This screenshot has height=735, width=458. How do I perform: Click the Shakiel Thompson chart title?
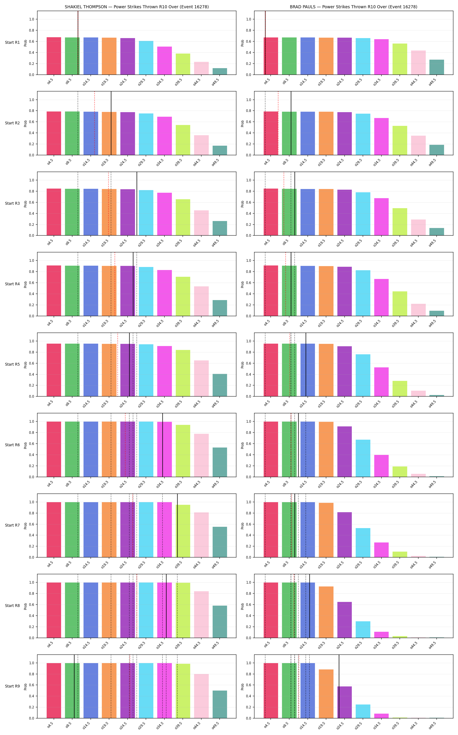pos(137,7)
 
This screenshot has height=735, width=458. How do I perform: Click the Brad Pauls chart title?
pos(354,7)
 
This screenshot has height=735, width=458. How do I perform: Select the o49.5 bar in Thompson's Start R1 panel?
pos(220,71)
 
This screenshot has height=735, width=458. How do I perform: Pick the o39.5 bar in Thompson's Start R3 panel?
pos(183,217)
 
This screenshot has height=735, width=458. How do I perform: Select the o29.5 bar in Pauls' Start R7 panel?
pos(363,543)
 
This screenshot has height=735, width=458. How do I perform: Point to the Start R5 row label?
pos(12,365)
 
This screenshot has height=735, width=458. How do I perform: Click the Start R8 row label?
pos(12,606)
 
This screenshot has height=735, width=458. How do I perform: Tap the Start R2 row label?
pos(12,123)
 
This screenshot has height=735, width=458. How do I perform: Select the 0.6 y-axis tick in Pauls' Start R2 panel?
pos(248,122)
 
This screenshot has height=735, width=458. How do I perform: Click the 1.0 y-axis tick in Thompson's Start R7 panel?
pos(31,502)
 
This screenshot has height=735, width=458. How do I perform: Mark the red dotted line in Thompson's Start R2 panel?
pos(94,123)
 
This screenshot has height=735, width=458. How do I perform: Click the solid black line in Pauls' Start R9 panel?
pos(339,686)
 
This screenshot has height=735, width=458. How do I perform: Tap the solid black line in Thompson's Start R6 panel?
pos(163,445)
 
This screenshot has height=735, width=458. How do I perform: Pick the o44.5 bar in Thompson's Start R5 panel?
pos(202,378)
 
